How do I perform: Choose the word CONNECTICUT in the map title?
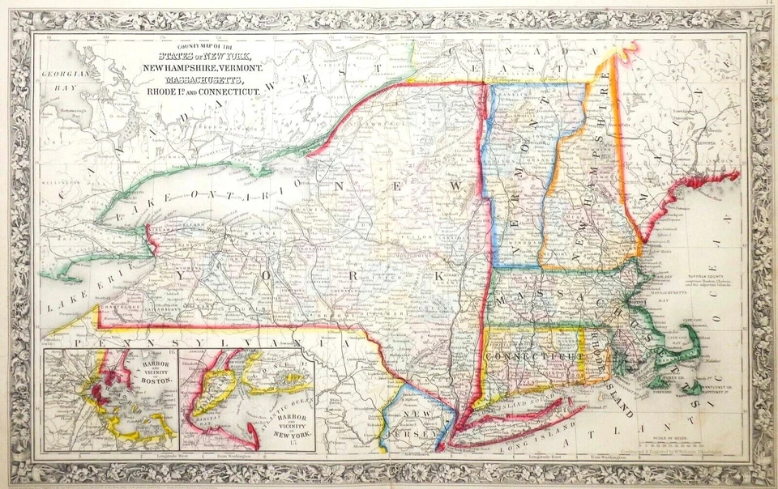(x=224, y=94)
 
